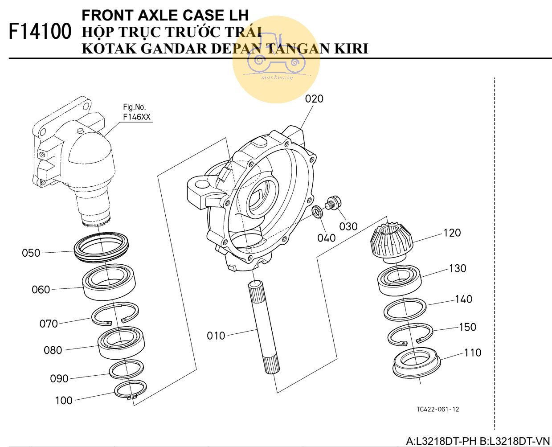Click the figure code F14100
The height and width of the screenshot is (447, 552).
pyautogui.click(x=40, y=32)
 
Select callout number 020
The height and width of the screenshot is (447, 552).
pyautogui.click(x=314, y=98)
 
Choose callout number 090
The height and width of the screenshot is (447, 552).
pyautogui.click(x=59, y=378)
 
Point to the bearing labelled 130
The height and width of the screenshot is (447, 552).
pyautogui.click(x=400, y=279)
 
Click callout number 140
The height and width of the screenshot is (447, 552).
pyautogui.click(x=463, y=299)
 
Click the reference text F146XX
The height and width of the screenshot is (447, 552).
pyautogui.click(x=137, y=117)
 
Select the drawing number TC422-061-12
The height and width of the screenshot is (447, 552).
pyautogui.click(x=438, y=409)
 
